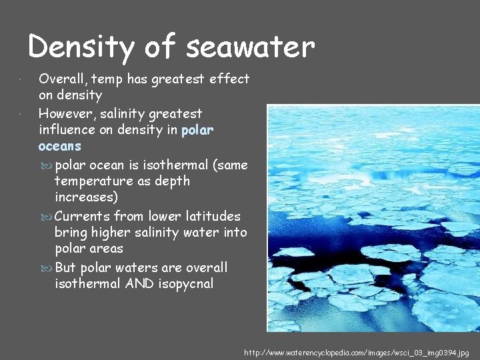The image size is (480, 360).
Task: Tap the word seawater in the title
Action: coord(251,47)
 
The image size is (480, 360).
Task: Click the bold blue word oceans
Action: coord(60,146)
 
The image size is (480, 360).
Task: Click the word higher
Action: coord(110,233)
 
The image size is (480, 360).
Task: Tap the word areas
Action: coord(107,249)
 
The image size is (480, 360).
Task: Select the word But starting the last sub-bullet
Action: coord(65,267)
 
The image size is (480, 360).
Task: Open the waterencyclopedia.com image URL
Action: coord(357,351)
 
